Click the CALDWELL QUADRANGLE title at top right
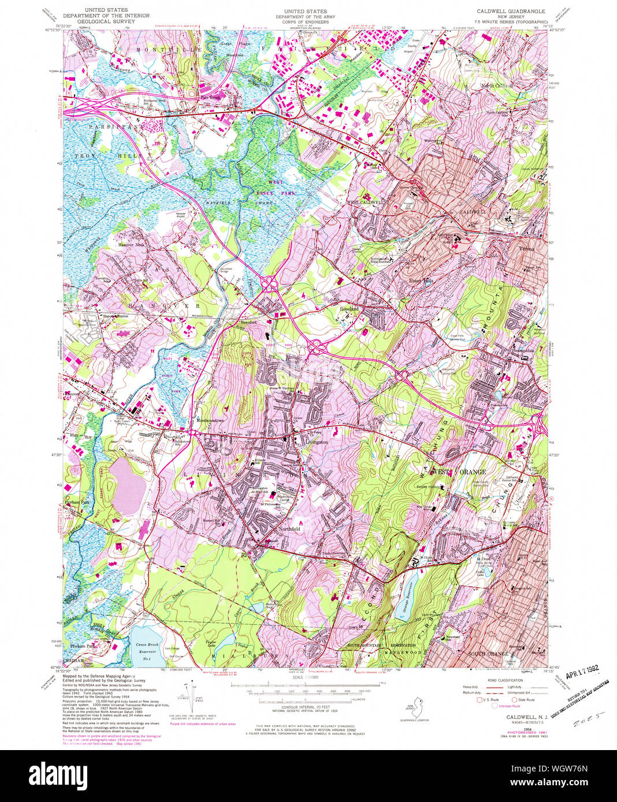pos(510,11)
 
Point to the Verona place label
pos(526,249)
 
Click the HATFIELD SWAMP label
pos(227,204)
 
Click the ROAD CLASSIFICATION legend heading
pos(500,680)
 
